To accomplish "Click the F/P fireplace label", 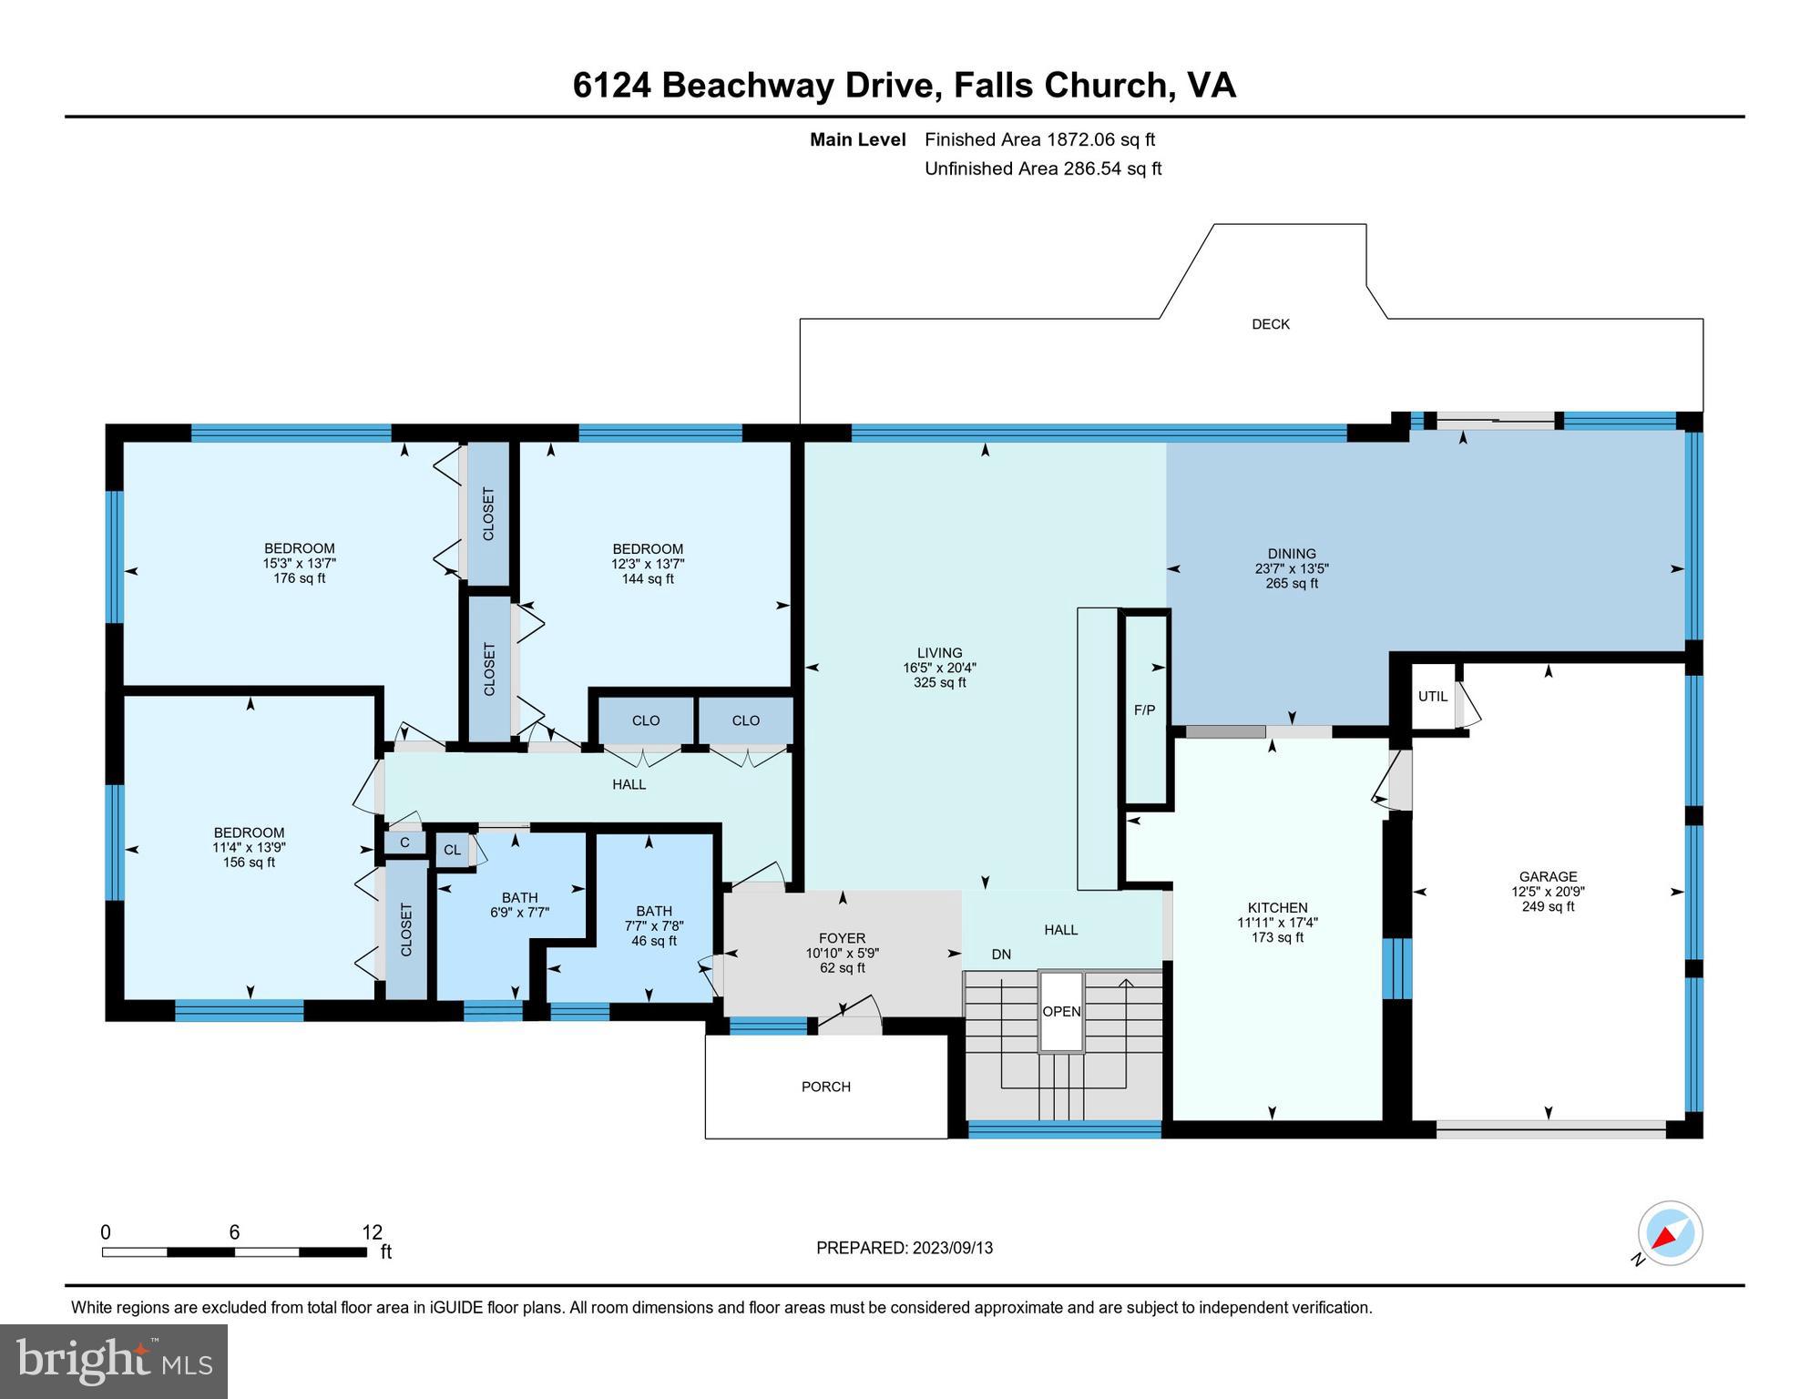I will coord(1144,710).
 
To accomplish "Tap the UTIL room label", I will coord(1432,697).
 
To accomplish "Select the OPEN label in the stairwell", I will coord(1061,1012).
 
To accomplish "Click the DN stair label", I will coord(1001,955).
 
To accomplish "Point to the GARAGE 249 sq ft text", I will coord(1548,906).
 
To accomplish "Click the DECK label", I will coord(1270,324).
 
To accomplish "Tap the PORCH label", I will coord(825,1087).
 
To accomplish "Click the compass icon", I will coord(1670,1234).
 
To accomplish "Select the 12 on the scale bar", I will coord(372,1232).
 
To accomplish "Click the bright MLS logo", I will coord(114,1361).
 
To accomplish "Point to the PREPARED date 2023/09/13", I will coord(904,1248).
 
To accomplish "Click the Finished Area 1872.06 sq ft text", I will coord(1039,139).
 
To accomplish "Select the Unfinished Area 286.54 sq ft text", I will coord(1042,168).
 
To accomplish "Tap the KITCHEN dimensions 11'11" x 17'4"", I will coord(1277,923).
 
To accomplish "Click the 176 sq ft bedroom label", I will coord(299,578).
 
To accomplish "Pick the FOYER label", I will coord(842,938).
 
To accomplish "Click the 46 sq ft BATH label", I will coord(654,941).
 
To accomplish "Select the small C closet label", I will coord(404,843).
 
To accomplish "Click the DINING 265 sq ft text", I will coord(1292,584).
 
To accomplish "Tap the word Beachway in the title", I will coord(798,85).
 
